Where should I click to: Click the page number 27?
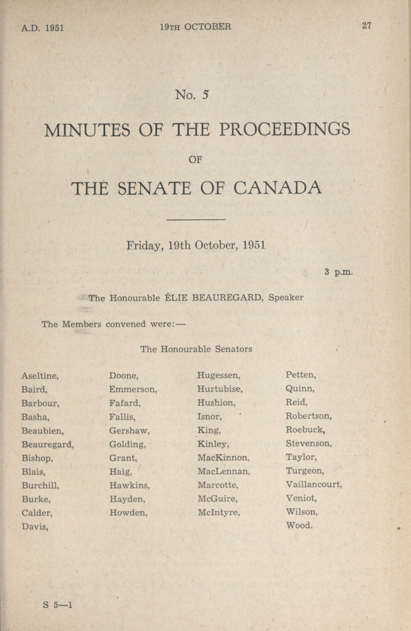coord(367,26)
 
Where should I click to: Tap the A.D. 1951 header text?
coord(42,28)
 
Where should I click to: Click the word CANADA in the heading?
coord(278,188)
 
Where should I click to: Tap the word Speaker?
coord(286,297)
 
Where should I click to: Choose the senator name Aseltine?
coord(40,376)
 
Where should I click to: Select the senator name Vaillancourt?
coord(314,484)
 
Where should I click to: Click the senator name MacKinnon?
coord(223,457)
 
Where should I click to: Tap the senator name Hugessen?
coord(219,375)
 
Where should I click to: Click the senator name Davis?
coord(35,526)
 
